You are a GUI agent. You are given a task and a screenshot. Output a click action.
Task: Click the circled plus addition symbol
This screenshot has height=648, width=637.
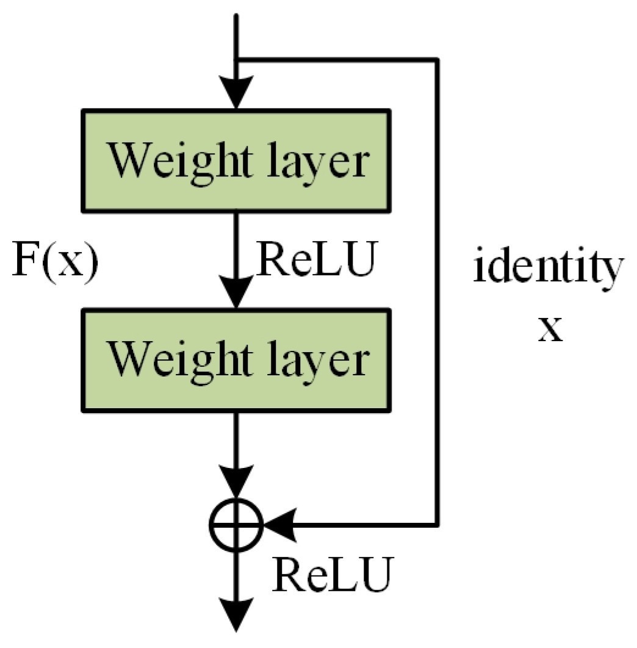coord(236,524)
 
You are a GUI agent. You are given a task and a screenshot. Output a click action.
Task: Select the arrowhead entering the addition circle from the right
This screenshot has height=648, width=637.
coord(278,524)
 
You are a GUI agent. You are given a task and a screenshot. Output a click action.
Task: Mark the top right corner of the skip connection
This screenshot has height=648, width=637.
coord(437,60)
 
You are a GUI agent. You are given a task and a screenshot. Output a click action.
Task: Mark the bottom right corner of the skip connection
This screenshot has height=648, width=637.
coord(437,524)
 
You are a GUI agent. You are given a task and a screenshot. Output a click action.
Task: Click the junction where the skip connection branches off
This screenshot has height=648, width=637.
coord(236,60)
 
